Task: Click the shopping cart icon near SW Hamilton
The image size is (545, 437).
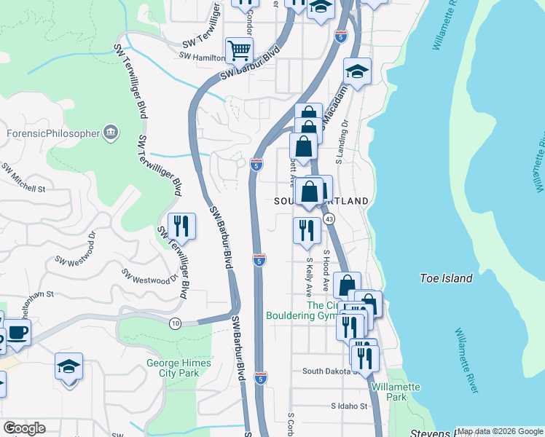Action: click(239, 50)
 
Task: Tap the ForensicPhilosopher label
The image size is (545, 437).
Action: click(52, 133)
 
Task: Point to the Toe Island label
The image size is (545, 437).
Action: click(447, 278)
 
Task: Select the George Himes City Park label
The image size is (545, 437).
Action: click(179, 368)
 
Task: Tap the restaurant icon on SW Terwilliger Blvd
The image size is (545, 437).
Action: click(181, 225)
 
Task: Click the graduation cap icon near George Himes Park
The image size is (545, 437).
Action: click(69, 366)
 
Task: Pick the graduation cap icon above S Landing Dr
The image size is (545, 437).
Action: click(357, 71)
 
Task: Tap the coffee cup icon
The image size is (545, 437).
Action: click(18, 333)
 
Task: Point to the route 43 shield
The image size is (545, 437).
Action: click(330, 219)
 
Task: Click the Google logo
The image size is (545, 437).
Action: click(24, 428)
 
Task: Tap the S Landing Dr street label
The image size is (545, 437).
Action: click(342, 142)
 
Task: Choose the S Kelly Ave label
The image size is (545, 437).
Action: click(310, 275)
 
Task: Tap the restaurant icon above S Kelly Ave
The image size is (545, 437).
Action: click(307, 230)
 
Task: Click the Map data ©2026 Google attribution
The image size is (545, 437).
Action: click(499, 431)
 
